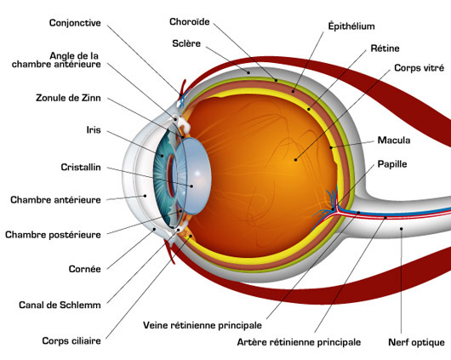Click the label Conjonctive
[x=75, y=23]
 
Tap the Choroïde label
[x=189, y=21]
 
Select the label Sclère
[x=186, y=43]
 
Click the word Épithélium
[x=351, y=26]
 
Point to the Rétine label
[x=385, y=49]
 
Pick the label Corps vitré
[x=419, y=68]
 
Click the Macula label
[x=394, y=140]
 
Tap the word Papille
[x=392, y=164]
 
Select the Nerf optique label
[x=416, y=342]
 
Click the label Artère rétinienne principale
[x=299, y=342]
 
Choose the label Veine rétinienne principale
[x=203, y=325]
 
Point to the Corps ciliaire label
[x=71, y=341]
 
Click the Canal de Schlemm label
[x=60, y=305]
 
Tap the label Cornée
[x=84, y=269]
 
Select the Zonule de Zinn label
[x=68, y=98]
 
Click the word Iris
[x=94, y=130]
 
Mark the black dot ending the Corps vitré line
[x=295, y=159]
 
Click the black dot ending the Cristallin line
[x=191, y=186]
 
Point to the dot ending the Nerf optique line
[x=402, y=229]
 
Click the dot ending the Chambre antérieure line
[x=145, y=196]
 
